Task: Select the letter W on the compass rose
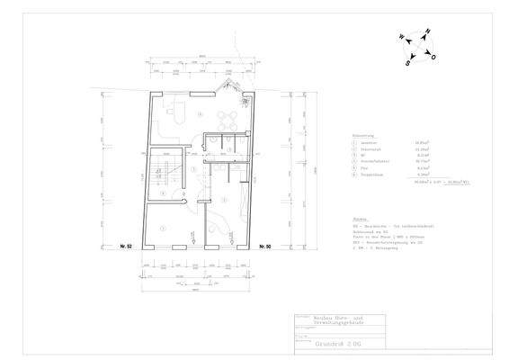tap(398, 38)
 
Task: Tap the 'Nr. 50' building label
tap(264, 246)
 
